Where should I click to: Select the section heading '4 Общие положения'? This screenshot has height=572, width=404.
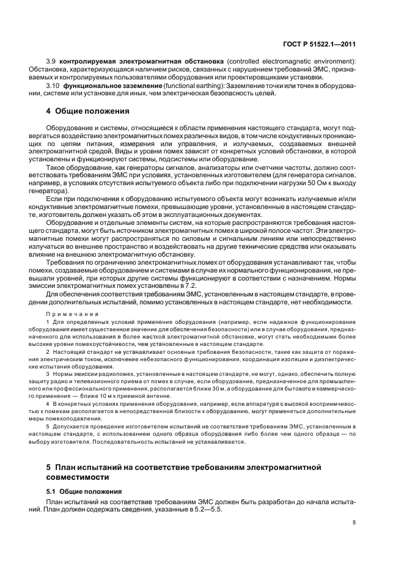point(88,111)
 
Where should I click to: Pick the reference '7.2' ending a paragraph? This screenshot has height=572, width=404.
point(191,285)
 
